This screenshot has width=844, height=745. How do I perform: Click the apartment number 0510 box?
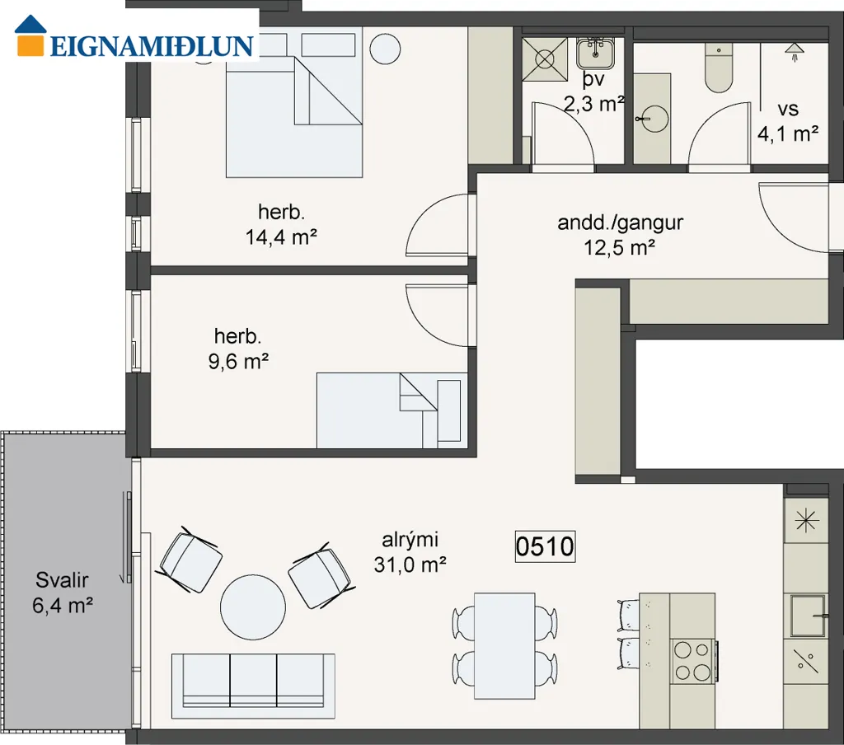[546, 546]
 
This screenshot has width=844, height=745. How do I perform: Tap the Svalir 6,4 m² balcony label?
[63, 593]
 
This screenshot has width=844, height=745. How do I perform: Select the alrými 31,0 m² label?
[410, 552]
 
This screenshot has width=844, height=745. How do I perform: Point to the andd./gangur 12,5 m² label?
[620, 235]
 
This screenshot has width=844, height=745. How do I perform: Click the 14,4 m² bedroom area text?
[281, 237]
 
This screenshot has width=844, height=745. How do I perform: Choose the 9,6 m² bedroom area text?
[238, 361]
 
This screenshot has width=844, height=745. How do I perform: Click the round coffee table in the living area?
[253, 607]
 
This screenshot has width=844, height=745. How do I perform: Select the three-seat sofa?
[254, 686]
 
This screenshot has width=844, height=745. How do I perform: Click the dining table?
[504, 646]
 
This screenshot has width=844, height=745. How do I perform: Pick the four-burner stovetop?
[693, 661]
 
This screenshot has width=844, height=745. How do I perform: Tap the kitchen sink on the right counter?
[809, 616]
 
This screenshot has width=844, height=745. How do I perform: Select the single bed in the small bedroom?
[392, 410]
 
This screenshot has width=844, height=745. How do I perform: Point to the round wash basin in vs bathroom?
[654, 119]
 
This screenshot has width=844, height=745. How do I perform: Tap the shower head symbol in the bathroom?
[794, 52]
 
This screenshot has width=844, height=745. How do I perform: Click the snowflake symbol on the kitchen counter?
[806, 521]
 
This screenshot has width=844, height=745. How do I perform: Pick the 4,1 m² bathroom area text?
[789, 133]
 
